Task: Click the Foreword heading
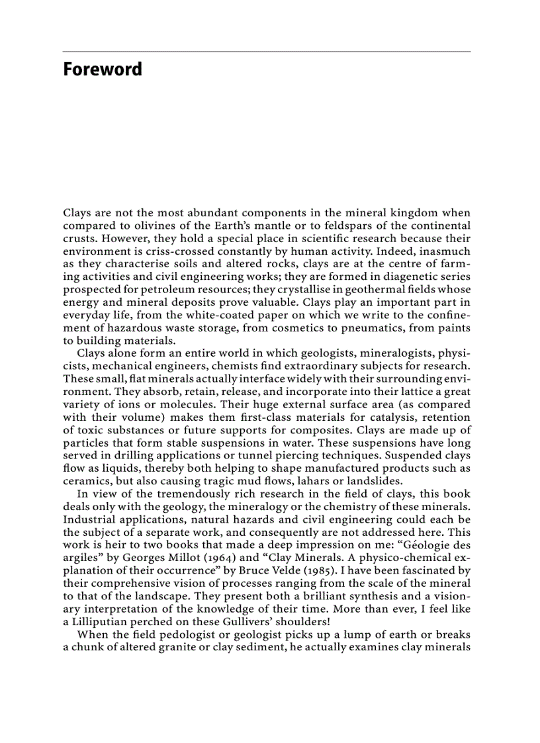(x=103, y=69)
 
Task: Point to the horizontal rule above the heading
(x=267, y=52)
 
